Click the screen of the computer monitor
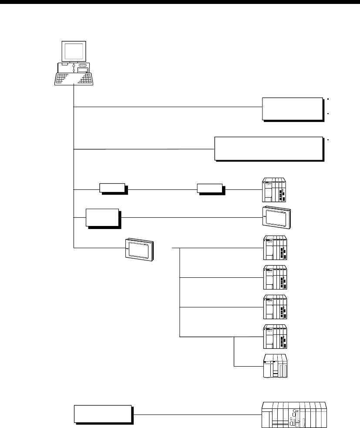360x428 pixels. (73, 52)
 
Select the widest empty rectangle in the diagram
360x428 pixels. (269, 149)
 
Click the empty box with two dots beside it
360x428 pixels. (293, 108)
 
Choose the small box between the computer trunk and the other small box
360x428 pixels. (112, 188)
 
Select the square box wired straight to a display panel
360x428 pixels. (102, 218)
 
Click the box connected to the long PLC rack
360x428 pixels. (102, 414)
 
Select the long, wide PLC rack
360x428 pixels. (293, 415)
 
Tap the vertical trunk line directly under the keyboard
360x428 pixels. (74, 96)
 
